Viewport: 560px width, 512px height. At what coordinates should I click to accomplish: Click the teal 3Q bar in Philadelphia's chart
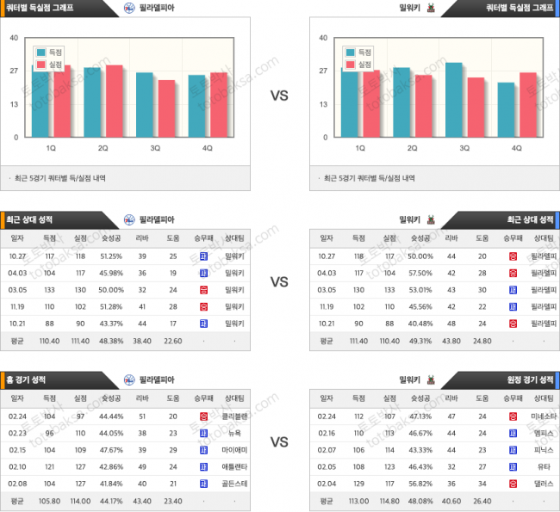click(x=145, y=104)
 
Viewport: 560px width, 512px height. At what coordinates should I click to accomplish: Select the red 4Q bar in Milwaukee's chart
click(x=528, y=104)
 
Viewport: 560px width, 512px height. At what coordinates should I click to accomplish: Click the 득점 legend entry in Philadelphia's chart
click(x=55, y=52)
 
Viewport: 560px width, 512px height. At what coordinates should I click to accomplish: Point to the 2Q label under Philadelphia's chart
click(x=103, y=148)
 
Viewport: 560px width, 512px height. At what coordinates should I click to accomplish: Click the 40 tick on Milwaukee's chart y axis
click(x=323, y=38)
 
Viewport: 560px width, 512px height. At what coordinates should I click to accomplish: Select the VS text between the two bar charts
click(x=279, y=96)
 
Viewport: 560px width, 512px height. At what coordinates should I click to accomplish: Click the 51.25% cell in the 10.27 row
click(x=110, y=256)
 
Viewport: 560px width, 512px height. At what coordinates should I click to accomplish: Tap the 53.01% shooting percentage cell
click(x=420, y=290)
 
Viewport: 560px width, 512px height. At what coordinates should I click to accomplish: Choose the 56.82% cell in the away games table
click(x=420, y=484)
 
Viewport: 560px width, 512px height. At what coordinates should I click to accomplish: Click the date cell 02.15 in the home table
click(x=16, y=449)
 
